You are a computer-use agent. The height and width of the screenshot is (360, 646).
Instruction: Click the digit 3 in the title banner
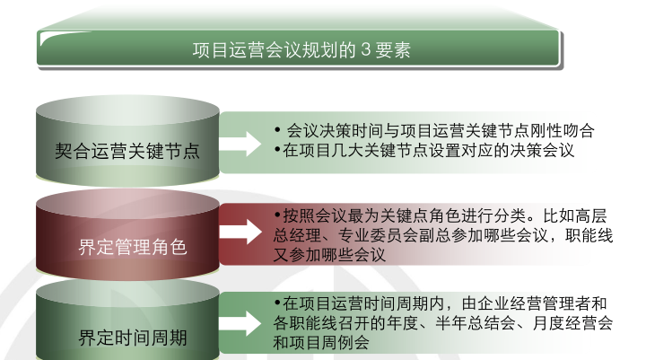366,49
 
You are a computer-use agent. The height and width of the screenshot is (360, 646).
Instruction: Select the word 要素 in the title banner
394,49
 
